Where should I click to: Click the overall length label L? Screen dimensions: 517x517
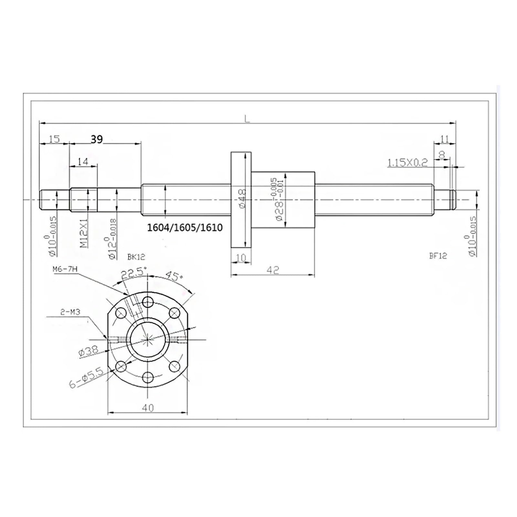(247, 119)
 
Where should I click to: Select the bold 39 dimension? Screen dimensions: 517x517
(97, 139)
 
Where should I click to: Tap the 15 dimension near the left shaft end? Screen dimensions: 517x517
(54, 139)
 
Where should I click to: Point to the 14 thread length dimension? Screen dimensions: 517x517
(83, 162)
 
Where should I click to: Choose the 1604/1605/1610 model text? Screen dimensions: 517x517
(185, 228)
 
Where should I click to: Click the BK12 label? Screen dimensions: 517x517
(136, 257)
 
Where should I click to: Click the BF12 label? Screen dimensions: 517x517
(438, 256)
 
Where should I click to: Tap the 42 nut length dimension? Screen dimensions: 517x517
(273, 270)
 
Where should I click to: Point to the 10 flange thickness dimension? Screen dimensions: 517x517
(241, 258)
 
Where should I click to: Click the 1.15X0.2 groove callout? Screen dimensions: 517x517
(407, 163)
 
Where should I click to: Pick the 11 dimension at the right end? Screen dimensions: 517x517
(445, 139)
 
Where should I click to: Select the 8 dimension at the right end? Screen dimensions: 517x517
(442, 155)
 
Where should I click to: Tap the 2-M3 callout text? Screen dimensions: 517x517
(70, 312)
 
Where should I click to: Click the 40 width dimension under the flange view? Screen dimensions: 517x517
(148, 408)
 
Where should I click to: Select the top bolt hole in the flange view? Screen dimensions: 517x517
(148, 302)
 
